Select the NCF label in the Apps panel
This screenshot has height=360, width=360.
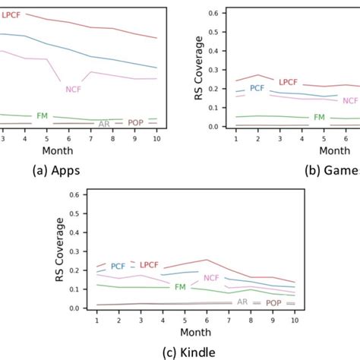[74, 88]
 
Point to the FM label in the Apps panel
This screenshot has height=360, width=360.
[43, 116]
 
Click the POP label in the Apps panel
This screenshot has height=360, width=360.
[135, 122]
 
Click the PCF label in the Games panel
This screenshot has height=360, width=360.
[257, 88]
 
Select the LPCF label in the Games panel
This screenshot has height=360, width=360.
[288, 82]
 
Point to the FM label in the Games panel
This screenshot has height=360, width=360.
[320, 118]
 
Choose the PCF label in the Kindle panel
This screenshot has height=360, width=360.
[118, 267]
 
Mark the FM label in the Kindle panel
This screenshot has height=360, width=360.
[180, 288]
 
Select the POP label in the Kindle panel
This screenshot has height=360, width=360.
[273, 302]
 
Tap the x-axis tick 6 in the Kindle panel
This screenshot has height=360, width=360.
[207, 320]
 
